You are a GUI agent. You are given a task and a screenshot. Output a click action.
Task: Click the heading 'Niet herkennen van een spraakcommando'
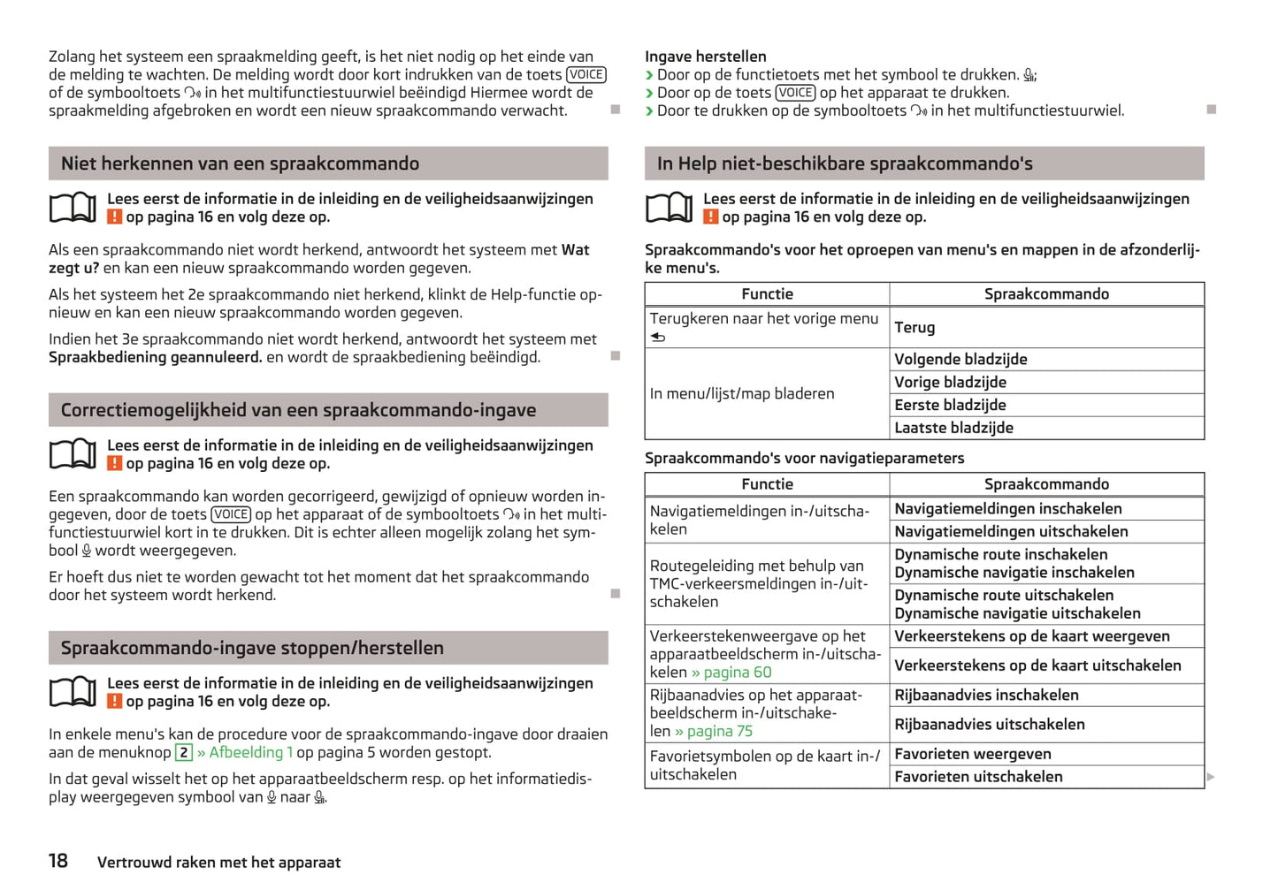click(x=240, y=163)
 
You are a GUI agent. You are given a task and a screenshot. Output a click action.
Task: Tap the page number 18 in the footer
click(x=58, y=861)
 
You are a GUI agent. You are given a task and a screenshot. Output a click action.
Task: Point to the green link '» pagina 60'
click(x=731, y=673)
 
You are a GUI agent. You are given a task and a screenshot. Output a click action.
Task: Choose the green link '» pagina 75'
click(x=714, y=731)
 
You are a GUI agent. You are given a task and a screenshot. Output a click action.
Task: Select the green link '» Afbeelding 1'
click(x=245, y=752)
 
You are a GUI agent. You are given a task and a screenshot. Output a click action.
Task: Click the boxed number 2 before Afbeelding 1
click(x=184, y=752)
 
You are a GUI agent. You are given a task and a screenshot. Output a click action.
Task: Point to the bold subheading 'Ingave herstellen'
click(x=705, y=57)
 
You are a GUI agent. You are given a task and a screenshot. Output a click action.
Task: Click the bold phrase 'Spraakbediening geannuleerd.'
click(x=156, y=357)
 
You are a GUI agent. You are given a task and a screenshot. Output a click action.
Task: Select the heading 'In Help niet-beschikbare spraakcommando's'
click(x=845, y=163)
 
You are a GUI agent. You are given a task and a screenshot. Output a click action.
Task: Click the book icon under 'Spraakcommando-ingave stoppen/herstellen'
click(x=73, y=692)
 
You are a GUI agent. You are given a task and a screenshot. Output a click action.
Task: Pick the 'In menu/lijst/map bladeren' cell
click(x=741, y=394)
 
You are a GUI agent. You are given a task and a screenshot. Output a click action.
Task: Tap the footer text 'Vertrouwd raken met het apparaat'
click(x=218, y=863)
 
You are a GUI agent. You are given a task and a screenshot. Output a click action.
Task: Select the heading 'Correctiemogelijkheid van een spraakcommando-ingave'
click(x=298, y=410)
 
